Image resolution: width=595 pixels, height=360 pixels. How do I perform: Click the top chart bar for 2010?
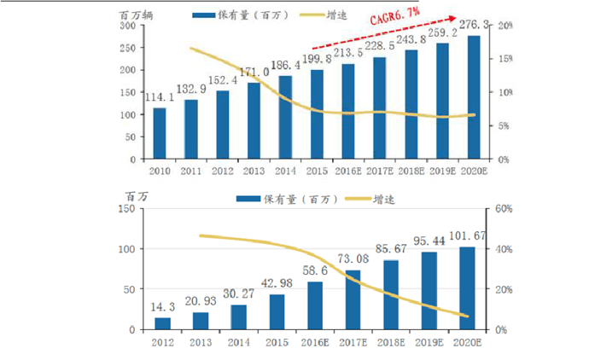[160, 133]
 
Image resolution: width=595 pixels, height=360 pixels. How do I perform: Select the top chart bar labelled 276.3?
[474, 97]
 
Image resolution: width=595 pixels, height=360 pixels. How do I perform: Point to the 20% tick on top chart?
[505, 26]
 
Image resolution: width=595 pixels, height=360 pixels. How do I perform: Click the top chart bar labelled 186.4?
[286, 117]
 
